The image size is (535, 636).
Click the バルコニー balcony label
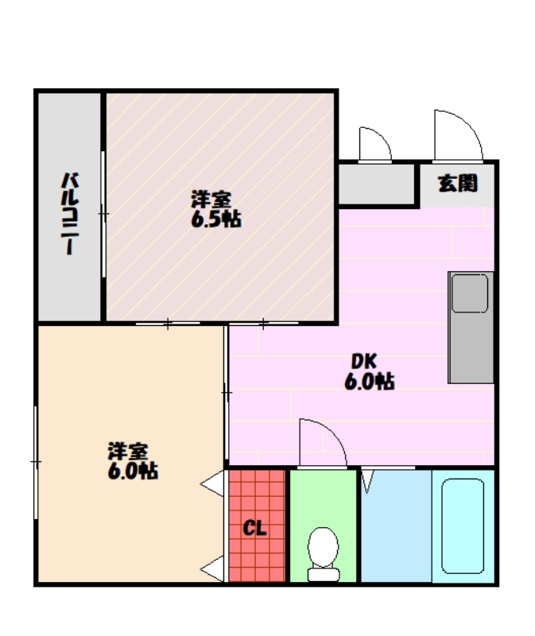point(70,214)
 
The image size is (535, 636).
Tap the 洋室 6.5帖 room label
point(215,209)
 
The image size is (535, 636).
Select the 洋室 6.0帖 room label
point(133,461)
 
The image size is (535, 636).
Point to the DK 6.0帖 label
point(369,371)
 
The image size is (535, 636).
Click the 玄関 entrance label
point(458,183)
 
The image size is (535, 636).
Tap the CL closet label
point(254,528)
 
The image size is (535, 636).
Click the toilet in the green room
point(324,553)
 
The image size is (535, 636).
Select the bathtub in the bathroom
point(463,526)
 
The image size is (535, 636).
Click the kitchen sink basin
point(470,293)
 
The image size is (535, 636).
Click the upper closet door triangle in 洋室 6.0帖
point(212,483)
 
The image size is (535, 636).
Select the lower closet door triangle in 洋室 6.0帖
point(212,568)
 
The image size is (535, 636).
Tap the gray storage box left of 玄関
point(377,184)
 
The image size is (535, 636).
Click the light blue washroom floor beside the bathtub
point(396,526)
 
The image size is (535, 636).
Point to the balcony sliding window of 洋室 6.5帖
point(103,214)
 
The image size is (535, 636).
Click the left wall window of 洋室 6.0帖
point(36,462)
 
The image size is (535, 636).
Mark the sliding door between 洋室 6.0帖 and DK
point(227,393)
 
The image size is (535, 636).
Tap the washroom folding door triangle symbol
point(367,482)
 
